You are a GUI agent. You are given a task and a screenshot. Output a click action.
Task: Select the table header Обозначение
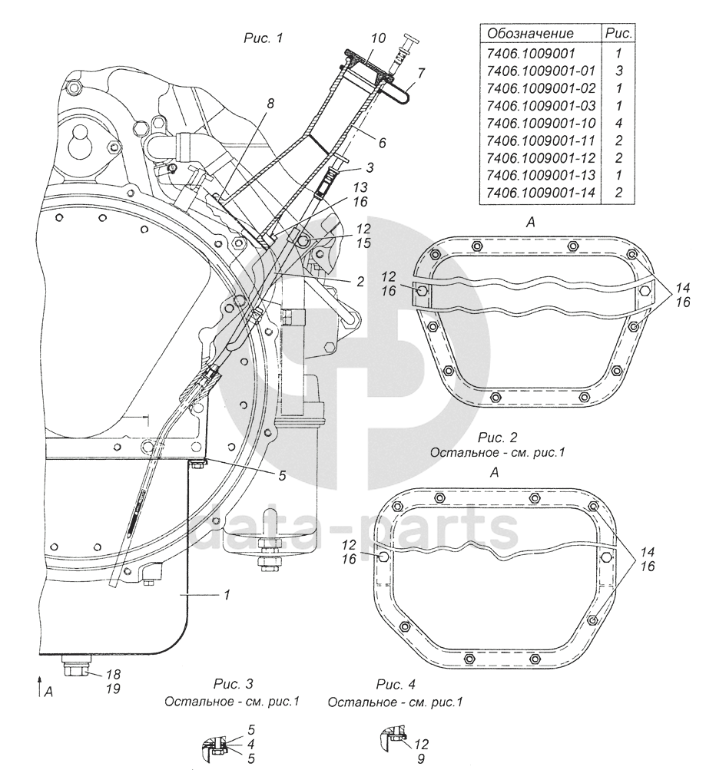coord(530,34)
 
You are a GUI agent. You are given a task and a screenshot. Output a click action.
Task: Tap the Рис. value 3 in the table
coord(619,71)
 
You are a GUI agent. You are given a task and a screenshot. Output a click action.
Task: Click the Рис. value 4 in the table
coord(619,123)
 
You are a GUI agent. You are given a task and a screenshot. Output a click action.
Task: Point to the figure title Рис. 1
coord(264,38)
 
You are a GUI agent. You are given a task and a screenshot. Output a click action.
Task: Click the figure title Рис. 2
coord(497,438)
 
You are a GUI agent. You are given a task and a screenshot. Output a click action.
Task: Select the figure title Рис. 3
coord(234,683)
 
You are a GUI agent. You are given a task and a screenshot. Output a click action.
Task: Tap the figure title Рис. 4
coord(396,683)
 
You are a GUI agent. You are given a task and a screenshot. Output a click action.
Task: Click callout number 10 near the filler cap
coord(379,38)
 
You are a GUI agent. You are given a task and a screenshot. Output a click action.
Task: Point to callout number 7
coord(421,73)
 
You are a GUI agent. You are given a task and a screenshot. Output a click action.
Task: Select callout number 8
coord(270,104)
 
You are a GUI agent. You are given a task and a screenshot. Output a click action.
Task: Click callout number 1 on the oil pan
coord(227,595)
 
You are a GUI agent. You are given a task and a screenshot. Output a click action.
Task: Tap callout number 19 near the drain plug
coord(114,689)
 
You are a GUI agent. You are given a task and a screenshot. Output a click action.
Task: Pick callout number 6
coord(383,143)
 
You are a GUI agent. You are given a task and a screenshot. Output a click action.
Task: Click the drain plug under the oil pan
coord(76,666)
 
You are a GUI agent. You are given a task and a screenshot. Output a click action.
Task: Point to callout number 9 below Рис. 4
coord(421,759)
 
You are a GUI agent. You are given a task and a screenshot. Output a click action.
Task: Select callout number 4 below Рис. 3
coord(251,744)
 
